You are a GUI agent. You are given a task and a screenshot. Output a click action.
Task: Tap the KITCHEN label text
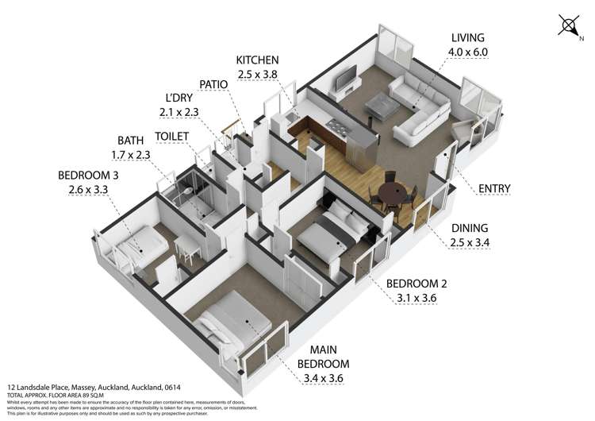pos(258,60)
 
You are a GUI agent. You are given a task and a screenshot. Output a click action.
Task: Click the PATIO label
pos(213,84)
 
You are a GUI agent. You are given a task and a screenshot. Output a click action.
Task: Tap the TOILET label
pos(172,137)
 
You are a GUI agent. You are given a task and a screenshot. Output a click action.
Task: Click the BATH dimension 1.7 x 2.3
pos(132,155)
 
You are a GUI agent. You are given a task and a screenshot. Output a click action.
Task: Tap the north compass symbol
pos(570,25)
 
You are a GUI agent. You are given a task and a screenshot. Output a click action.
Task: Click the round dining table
pos(390,192)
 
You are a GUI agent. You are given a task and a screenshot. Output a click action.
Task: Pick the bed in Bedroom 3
pos(144,241)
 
